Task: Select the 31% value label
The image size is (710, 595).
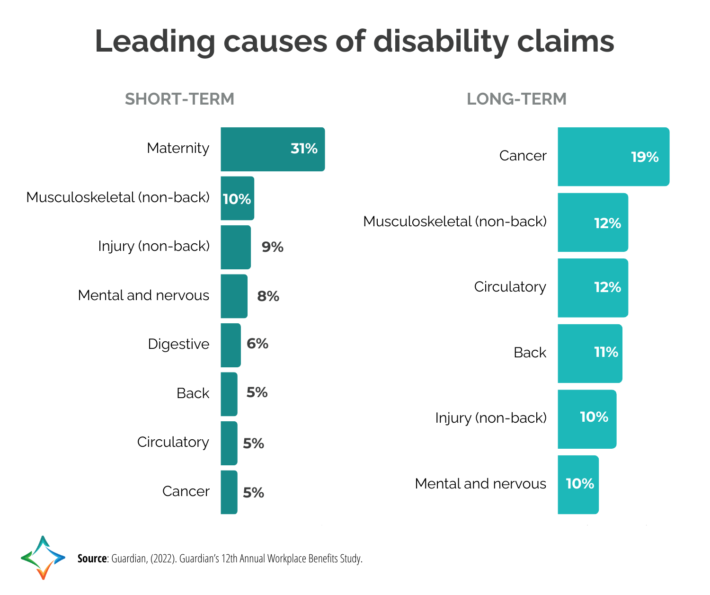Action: click(304, 149)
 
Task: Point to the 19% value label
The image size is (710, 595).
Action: click(645, 157)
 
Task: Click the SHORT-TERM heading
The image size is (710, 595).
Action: click(179, 99)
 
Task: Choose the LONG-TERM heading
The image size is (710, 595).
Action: click(516, 99)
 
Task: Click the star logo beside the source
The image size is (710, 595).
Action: click(43, 558)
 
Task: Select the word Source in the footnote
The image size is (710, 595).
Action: click(92, 559)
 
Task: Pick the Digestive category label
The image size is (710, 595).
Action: click(178, 344)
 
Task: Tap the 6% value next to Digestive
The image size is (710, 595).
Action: click(257, 344)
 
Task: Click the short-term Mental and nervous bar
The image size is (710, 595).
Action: click(234, 296)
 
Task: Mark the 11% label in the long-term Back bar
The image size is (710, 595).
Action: click(606, 352)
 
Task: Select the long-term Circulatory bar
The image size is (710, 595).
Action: click(593, 288)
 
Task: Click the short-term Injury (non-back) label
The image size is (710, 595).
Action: click(154, 246)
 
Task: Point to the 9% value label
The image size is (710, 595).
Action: click(273, 247)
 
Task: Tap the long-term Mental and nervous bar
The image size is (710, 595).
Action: click(578, 485)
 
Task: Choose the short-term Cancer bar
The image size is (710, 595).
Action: click(229, 492)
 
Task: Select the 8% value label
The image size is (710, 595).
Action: click(268, 296)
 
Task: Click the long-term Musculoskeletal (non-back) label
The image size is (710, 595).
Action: click(455, 222)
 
